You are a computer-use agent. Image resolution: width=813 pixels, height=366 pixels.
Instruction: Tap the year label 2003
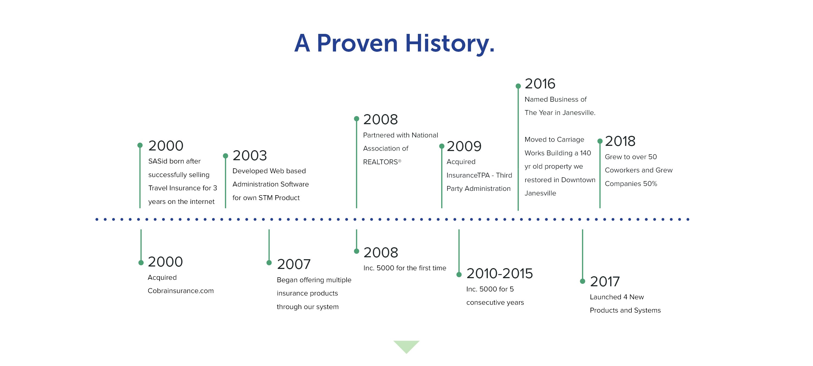tap(250, 155)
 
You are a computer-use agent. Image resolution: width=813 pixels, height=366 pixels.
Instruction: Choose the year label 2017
tap(605, 281)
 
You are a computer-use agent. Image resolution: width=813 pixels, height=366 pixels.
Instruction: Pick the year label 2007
tap(293, 264)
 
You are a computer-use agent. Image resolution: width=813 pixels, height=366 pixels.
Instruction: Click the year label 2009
tap(464, 146)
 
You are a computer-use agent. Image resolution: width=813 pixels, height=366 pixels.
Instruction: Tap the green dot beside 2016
tap(518, 86)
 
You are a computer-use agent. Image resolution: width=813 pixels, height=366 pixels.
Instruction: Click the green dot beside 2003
tap(225, 156)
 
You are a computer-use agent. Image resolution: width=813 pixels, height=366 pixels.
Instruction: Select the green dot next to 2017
tap(582, 281)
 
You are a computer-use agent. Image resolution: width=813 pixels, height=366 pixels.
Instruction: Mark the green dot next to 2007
tap(269, 262)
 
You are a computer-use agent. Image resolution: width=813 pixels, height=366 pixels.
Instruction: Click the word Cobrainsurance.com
tap(180, 291)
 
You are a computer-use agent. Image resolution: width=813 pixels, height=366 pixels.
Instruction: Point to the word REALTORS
tap(380, 162)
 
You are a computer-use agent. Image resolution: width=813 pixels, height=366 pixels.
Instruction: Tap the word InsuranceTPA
tap(468, 175)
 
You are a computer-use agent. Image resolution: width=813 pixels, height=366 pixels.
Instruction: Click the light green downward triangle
tap(406, 345)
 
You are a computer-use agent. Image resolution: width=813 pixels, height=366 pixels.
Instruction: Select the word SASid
tap(158, 161)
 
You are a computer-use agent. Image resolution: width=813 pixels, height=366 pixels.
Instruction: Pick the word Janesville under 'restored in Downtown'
tap(540, 193)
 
